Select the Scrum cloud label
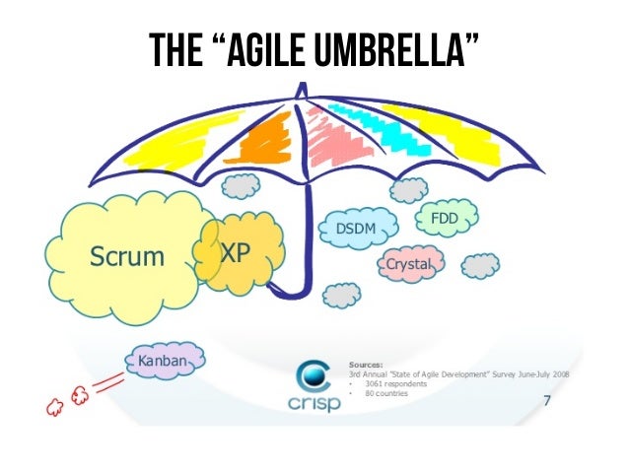(x=127, y=257)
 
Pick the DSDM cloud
(x=358, y=229)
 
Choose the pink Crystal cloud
(x=409, y=264)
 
